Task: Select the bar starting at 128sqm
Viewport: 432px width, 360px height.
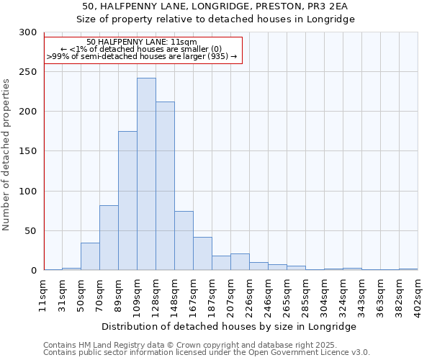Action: [x=165, y=186]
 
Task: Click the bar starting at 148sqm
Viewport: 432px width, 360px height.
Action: [x=184, y=240]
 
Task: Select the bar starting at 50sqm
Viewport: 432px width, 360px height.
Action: [x=90, y=256]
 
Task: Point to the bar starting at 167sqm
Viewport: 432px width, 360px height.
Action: [x=202, y=253]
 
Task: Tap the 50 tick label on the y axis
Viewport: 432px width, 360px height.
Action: [x=30, y=231]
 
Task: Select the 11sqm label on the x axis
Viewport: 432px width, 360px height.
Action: [x=44, y=292]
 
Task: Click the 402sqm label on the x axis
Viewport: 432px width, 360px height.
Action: [x=418, y=292]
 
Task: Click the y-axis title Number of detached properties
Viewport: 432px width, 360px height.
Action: [x=6, y=155]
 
